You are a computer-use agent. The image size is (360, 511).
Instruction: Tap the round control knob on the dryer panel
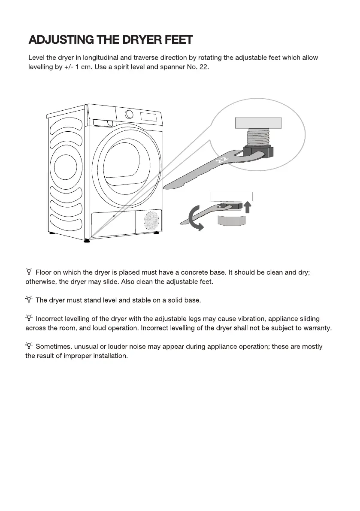coord(129,114)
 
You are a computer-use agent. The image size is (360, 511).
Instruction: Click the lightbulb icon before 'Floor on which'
coord(29,271)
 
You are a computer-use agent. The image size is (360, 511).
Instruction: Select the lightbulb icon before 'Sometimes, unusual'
coord(29,346)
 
